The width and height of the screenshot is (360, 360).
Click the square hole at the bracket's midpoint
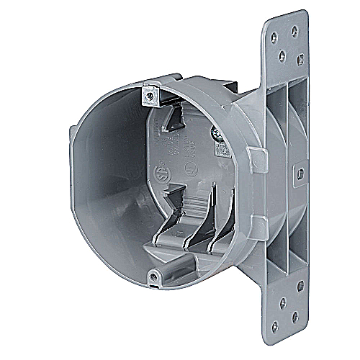pyautogui.click(x=300, y=173)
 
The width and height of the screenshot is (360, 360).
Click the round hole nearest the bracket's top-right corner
pyautogui.click(x=294, y=31)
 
